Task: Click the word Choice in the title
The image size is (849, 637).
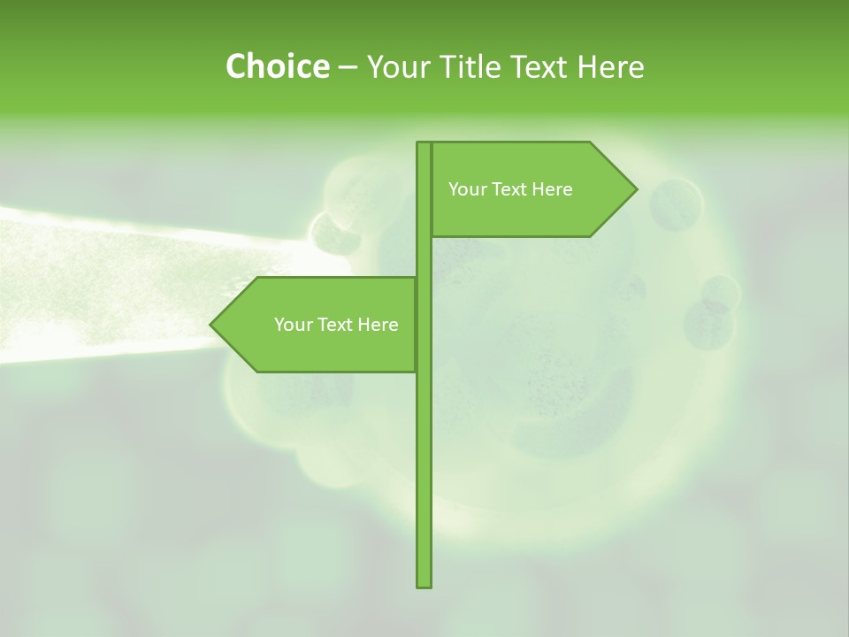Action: click(276, 66)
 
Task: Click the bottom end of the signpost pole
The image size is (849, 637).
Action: click(424, 584)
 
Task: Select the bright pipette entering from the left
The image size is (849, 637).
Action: click(106, 283)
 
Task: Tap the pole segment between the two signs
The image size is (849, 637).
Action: click(424, 257)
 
